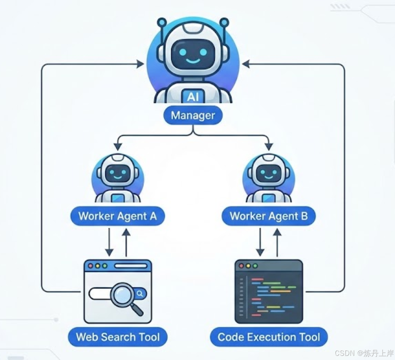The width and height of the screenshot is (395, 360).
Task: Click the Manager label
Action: [x=193, y=116]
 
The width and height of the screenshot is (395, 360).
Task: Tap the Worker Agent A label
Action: [x=117, y=216]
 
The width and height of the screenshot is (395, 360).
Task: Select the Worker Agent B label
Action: [x=268, y=216]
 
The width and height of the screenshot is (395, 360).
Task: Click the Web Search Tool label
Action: [x=118, y=337]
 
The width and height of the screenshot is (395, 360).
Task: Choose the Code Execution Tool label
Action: [x=269, y=337]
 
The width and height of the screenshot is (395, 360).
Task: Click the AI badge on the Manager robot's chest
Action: [x=193, y=96]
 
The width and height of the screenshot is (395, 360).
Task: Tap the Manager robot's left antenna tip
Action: [x=162, y=22]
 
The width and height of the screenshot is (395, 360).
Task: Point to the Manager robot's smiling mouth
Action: [x=193, y=61]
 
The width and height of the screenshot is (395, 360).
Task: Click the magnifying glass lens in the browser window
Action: [x=122, y=294]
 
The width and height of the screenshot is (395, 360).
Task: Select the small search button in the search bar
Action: [x=140, y=294]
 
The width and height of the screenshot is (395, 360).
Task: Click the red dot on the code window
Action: [x=241, y=266]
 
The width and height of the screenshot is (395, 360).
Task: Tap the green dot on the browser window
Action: [x=104, y=266]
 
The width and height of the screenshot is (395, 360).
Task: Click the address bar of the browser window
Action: [x=130, y=266]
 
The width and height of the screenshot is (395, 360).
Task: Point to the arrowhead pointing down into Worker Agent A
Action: [x=118, y=146]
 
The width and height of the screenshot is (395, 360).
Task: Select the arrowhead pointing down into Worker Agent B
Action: [x=269, y=146]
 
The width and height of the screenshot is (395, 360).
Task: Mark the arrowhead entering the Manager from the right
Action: [x=246, y=64]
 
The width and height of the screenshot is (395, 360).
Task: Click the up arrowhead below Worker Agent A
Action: [x=126, y=232]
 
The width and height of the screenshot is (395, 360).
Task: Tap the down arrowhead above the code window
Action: [x=260, y=252]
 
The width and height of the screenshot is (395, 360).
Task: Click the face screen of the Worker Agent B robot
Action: [x=268, y=173]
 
